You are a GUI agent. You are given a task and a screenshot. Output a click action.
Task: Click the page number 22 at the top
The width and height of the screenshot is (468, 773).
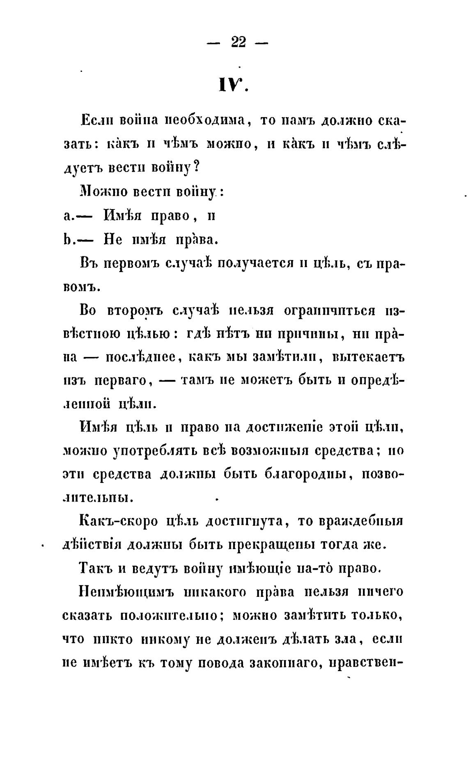click(x=238, y=42)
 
